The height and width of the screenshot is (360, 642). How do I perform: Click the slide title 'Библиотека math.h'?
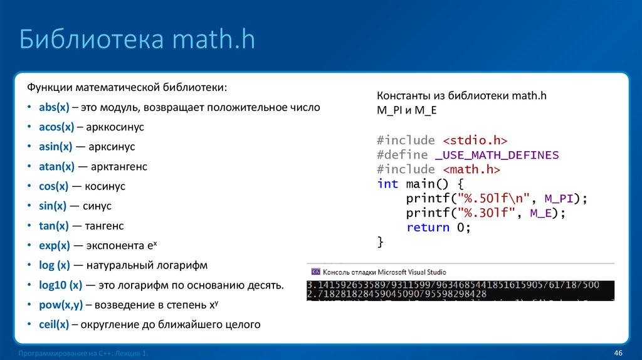coord(137,40)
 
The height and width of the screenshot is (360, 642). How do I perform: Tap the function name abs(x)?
coord(54,107)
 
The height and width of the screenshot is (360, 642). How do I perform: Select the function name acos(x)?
coord(56,127)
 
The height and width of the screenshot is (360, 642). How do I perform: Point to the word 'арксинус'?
coord(113,147)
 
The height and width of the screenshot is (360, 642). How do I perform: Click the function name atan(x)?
coord(56,167)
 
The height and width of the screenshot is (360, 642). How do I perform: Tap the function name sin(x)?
coord(52,206)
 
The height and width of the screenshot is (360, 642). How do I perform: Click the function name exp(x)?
coord(55,245)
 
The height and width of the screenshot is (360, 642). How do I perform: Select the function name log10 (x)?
coord(61,285)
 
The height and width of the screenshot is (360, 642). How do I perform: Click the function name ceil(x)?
coord(54,324)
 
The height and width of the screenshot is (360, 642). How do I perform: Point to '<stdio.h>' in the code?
coord(474,140)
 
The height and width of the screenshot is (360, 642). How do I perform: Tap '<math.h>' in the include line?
coord(471,169)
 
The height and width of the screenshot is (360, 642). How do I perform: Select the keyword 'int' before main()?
coord(387,184)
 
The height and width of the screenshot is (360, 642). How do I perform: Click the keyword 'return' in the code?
coord(428,228)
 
